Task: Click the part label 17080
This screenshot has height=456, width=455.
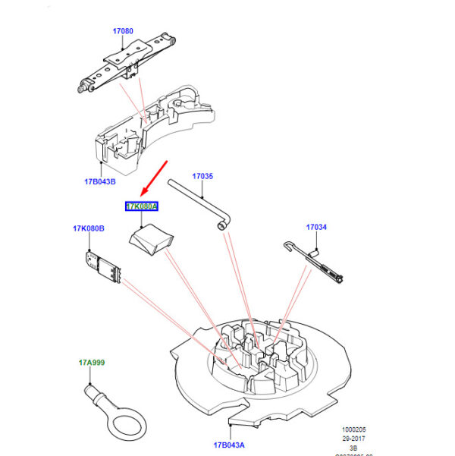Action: click(x=123, y=31)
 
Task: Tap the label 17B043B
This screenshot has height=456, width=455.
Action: click(x=100, y=181)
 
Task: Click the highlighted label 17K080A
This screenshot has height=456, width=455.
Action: click(x=141, y=206)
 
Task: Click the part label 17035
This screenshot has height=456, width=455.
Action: click(x=202, y=176)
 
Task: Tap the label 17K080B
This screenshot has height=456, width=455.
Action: click(x=89, y=228)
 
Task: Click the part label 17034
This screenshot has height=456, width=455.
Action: click(x=316, y=227)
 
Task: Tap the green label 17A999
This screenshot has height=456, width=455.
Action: click(x=92, y=363)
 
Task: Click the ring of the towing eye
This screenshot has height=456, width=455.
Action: click(x=121, y=421)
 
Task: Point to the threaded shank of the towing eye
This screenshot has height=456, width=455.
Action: click(x=94, y=393)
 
